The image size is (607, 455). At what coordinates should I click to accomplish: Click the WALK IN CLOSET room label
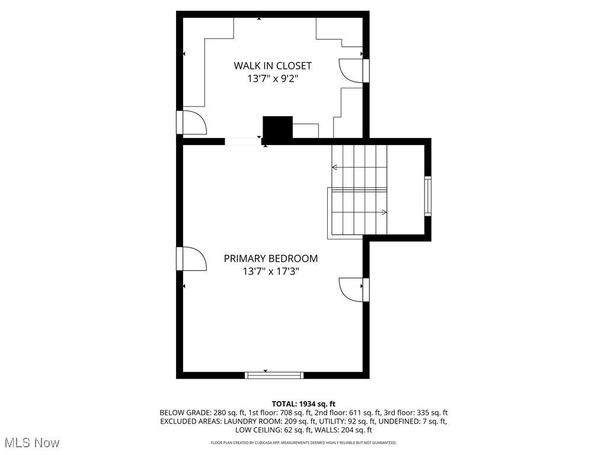tap(273, 66)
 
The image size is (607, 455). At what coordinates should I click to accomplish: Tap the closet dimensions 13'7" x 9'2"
tap(273, 79)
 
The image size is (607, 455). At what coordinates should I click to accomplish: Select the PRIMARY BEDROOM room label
tap(270, 258)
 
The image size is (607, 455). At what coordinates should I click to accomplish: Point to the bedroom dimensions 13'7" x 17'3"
tap(271, 271)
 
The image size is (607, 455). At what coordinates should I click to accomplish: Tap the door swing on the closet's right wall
tap(352, 71)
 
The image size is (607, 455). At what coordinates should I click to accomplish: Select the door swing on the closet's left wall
tap(194, 122)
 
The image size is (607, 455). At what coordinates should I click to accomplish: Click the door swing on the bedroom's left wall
tap(194, 258)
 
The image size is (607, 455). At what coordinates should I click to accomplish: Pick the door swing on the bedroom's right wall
tap(352, 289)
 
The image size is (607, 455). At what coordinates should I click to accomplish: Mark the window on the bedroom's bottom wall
tap(274, 375)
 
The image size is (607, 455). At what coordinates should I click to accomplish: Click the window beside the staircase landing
tap(428, 196)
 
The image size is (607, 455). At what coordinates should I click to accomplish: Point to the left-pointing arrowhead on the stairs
tap(335, 167)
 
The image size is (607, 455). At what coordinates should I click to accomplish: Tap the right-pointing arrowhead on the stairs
tap(384, 212)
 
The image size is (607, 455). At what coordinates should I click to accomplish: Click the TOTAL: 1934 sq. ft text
tap(303, 404)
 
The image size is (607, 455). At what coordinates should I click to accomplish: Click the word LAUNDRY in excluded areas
tap(239, 421)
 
